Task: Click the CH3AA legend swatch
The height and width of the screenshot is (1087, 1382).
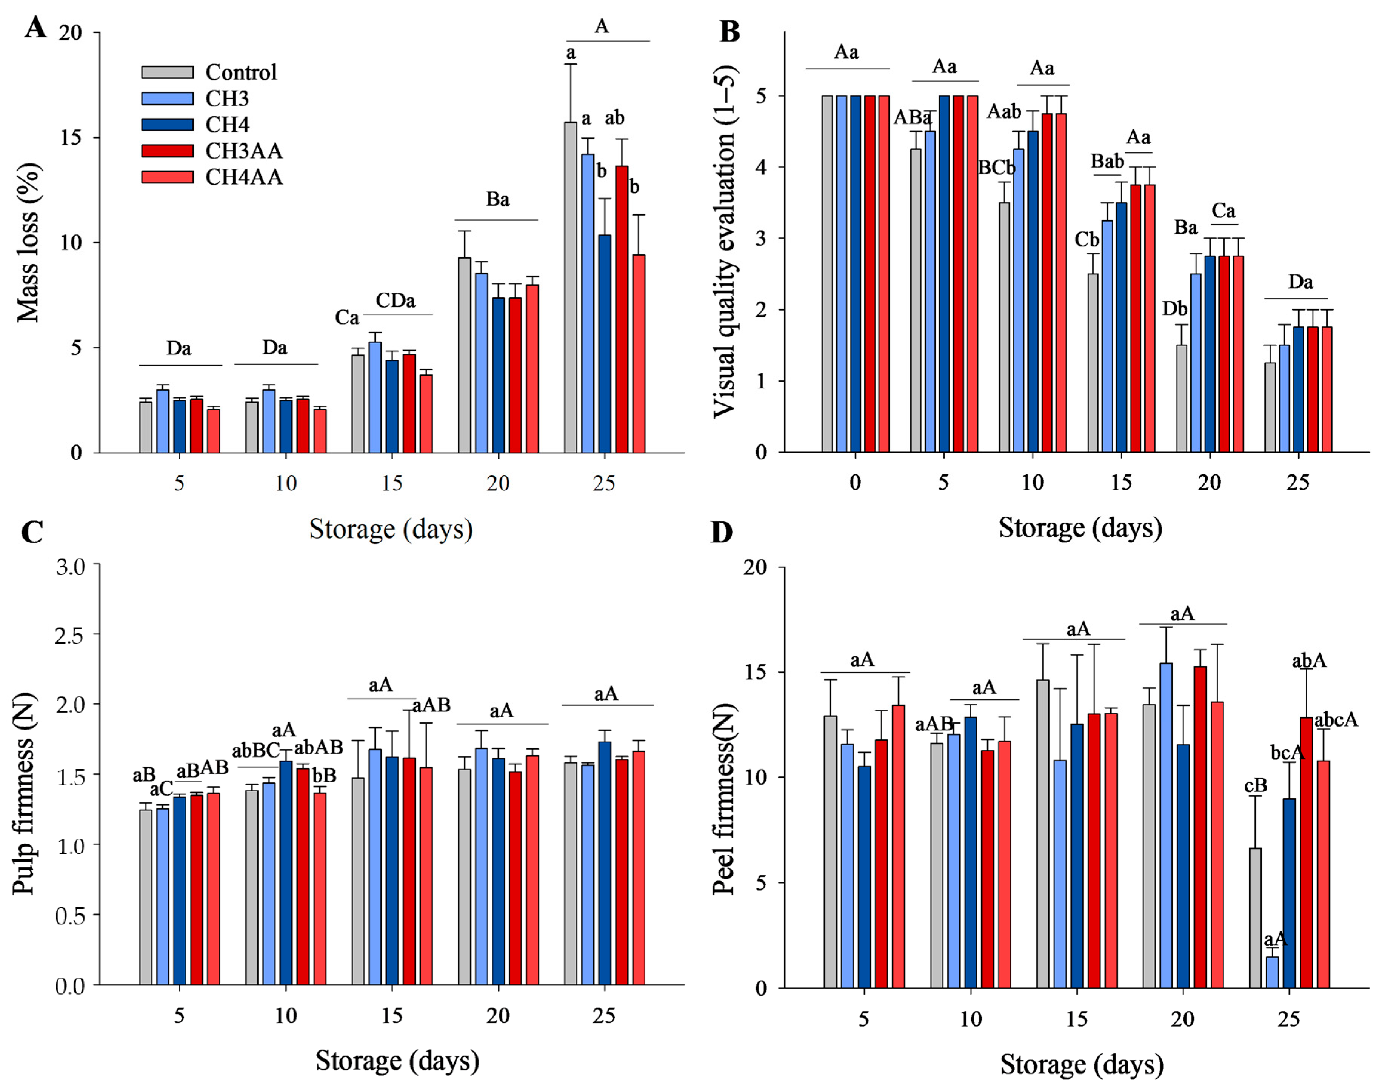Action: click(x=167, y=151)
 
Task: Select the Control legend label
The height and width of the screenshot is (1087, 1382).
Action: click(x=241, y=72)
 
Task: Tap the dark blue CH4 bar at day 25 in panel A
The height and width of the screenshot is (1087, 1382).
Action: click(x=605, y=344)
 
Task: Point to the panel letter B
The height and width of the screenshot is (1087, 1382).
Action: click(x=729, y=31)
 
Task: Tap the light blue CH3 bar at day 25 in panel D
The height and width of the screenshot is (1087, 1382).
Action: click(x=1272, y=972)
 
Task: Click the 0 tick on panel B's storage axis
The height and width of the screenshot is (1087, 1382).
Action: click(x=855, y=482)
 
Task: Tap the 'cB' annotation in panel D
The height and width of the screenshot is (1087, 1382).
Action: click(x=1255, y=786)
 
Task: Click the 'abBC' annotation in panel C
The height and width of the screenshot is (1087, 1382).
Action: click(x=256, y=751)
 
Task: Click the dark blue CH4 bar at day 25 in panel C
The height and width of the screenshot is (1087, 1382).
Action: click(x=605, y=863)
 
